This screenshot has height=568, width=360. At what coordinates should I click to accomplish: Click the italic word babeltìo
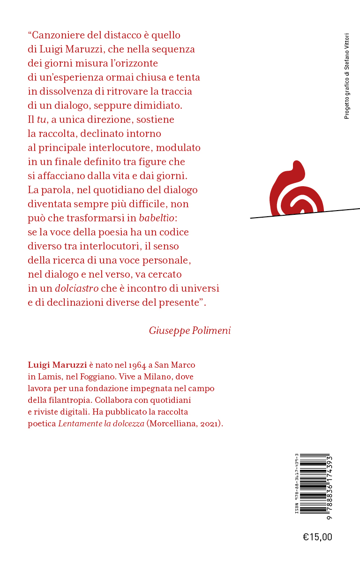coord(157,218)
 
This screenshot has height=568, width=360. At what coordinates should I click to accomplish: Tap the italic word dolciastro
coord(76,288)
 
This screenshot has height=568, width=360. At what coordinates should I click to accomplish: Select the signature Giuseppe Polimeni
coord(190,331)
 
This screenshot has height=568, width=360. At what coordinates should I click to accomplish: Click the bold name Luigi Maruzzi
coord(57,365)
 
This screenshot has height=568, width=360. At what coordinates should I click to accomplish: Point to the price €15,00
coord(317,537)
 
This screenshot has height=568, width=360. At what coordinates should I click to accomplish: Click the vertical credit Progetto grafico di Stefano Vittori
coord(347,76)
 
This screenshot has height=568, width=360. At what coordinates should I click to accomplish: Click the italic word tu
coord(41,120)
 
